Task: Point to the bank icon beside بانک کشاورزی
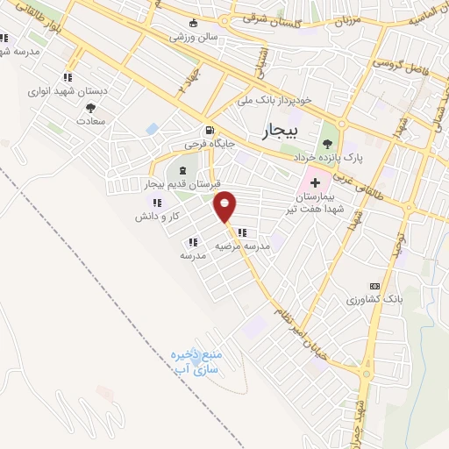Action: pyautogui.click(x=375, y=286)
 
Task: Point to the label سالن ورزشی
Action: pyautogui.click(x=193, y=39)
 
